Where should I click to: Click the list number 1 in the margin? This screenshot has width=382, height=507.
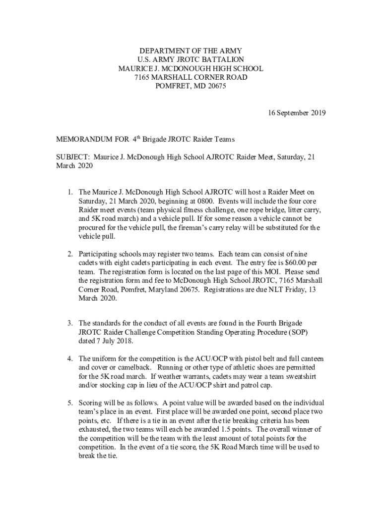[70, 192]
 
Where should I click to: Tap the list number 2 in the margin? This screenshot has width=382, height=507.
[70, 254]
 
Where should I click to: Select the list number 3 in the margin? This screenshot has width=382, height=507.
[70, 324]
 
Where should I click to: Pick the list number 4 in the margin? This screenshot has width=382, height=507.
[70, 358]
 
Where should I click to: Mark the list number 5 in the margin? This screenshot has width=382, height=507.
[70, 403]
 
